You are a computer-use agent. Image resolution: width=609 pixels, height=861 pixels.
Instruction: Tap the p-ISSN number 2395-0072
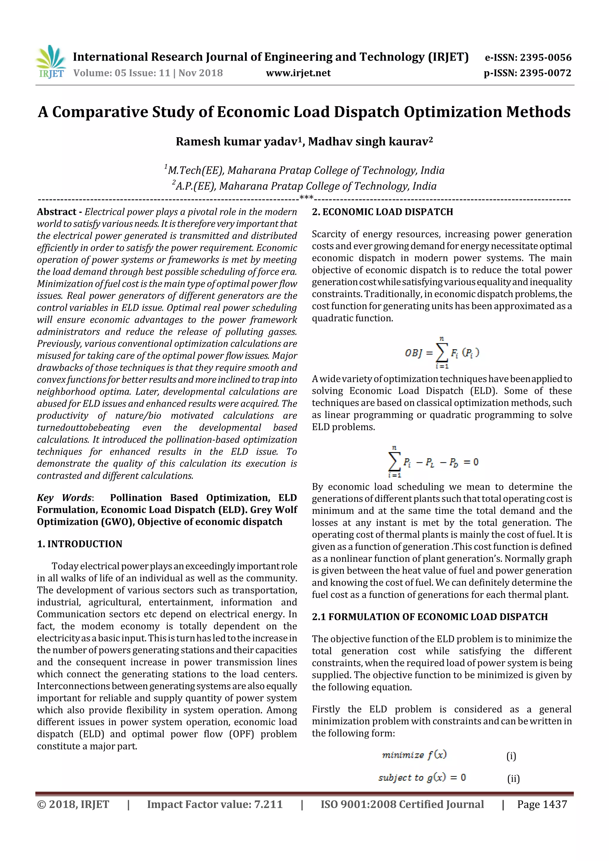tap(545, 73)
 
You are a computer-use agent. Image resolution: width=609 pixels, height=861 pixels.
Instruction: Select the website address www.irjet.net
tap(298, 73)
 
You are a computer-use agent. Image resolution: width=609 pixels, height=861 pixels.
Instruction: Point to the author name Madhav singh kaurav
tap(370, 141)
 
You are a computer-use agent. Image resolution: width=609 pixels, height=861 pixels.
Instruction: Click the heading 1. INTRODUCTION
tap(80, 544)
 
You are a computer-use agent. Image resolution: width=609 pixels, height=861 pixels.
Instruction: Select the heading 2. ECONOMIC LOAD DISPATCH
tap(382, 212)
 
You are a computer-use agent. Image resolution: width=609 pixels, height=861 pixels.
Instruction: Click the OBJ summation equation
tap(442, 352)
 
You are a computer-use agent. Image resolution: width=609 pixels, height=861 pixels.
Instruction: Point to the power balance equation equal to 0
tap(433, 462)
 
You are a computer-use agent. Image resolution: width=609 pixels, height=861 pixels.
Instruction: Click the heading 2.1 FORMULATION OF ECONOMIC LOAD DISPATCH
tap(430, 617)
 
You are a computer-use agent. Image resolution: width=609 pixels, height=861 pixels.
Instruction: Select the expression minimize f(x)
tap(414, 755)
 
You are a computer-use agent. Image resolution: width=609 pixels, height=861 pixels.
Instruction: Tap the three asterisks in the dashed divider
tap(307, 198)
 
